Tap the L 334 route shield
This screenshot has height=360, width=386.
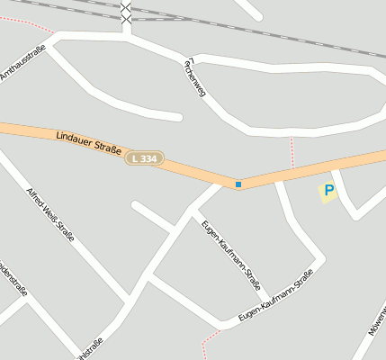pos(144,158)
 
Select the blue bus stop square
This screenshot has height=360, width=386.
pos(238,184)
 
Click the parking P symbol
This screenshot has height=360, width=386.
pos(328,191)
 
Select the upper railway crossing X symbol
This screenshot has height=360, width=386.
pos(126,7)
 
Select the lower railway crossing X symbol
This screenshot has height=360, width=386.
pos(126,19)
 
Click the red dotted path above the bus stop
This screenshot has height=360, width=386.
pos(292,151)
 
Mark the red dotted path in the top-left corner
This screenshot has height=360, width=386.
pos(27,23)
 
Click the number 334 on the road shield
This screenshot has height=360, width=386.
pos(148,158)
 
